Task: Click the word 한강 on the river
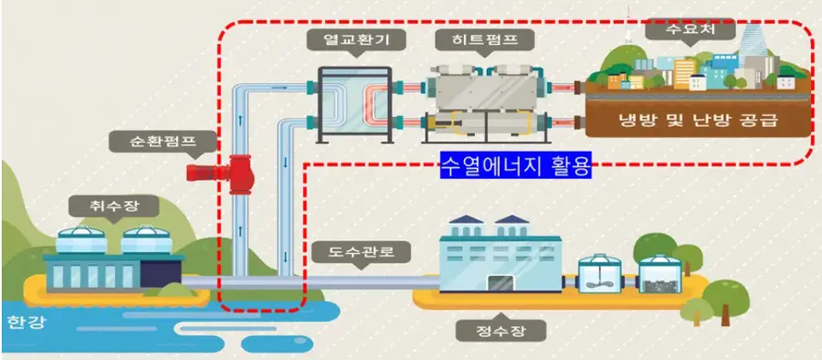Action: coord(24,322)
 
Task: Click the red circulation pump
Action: coord(239,171)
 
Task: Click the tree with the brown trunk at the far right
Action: coord(729,292)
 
